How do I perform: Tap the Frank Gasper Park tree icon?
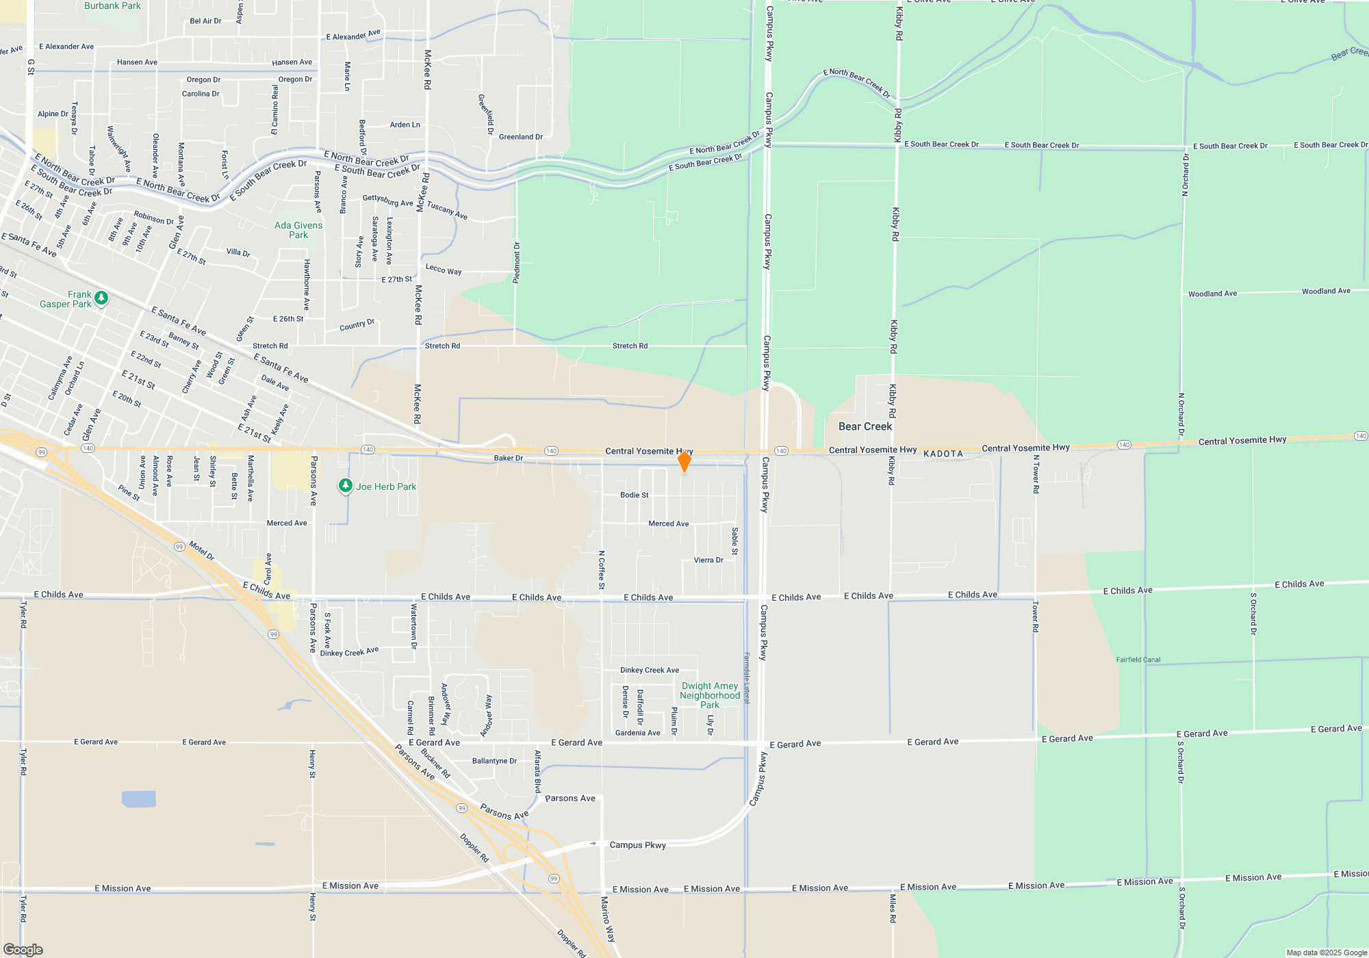101,298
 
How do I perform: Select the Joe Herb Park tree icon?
346,486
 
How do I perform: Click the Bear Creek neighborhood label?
865,426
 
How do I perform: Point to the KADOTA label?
943,454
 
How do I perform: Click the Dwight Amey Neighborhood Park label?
710,695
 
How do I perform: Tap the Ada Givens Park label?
298,230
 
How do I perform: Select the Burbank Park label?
112,5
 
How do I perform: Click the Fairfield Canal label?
1138,660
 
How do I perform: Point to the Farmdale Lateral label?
747,677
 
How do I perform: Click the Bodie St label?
635,495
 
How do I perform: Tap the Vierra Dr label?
708,560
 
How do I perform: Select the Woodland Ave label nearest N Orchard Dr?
1212,294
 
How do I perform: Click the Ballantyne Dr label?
494,761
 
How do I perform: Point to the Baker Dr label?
509,458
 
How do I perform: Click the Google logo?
23,949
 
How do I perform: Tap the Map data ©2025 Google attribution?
1327,953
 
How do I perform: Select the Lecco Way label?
444,269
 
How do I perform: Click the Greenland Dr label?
521,137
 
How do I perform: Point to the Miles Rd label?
893,908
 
